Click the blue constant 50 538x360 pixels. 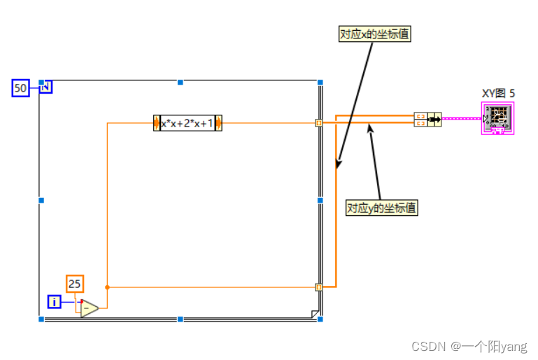click(x=20, y=88)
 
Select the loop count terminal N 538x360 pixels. click(x=45, y=87)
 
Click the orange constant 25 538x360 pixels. click(x=75, y=284)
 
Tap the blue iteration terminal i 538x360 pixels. click(x=55, y=302)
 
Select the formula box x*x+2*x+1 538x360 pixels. click(x=187, y=123)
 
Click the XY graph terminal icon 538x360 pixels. click(x=497, y=118)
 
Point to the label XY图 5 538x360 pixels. click(x=498, y=93)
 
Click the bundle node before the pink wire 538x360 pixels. click(x=427, y=119)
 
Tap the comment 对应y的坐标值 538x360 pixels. click(x=382, y=208)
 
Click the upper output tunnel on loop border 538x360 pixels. click(x=319, y=123)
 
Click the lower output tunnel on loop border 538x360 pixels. click(x=319, y=287)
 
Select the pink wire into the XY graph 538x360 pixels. click(x=461, y=119)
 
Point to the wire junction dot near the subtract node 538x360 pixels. click(x=107, y=287)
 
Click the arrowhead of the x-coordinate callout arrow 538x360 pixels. click(x=338, y=166)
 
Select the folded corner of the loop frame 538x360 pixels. click(x=314, y=313)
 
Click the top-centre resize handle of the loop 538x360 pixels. click(x=180, y=82)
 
